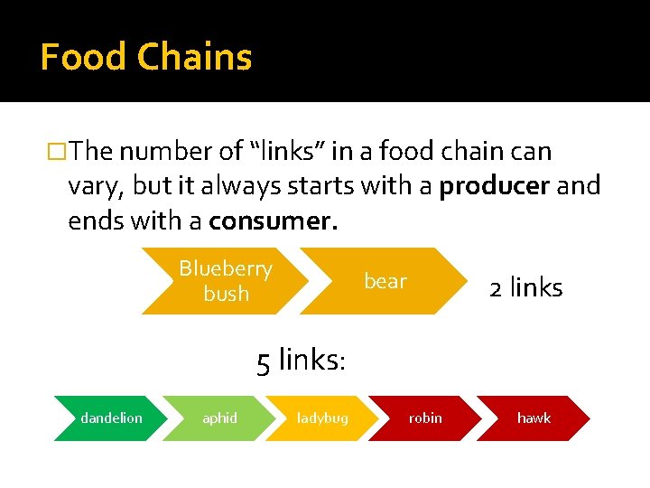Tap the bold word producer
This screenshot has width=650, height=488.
coord(495,186)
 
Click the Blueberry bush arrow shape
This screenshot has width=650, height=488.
coord(226,281)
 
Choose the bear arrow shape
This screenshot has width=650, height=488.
coord(385,281)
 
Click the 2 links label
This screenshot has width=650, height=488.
coord(525,288)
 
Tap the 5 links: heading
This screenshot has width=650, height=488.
coord(301,361)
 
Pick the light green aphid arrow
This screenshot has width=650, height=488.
coord(219,418)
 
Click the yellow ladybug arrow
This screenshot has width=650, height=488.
coord(322,418)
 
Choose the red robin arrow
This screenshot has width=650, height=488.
coord(425,418)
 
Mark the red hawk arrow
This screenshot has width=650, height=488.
coord(534,418)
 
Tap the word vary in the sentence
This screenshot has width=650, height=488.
coord(96,187)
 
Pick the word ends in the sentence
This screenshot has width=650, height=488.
coord(100,221)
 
